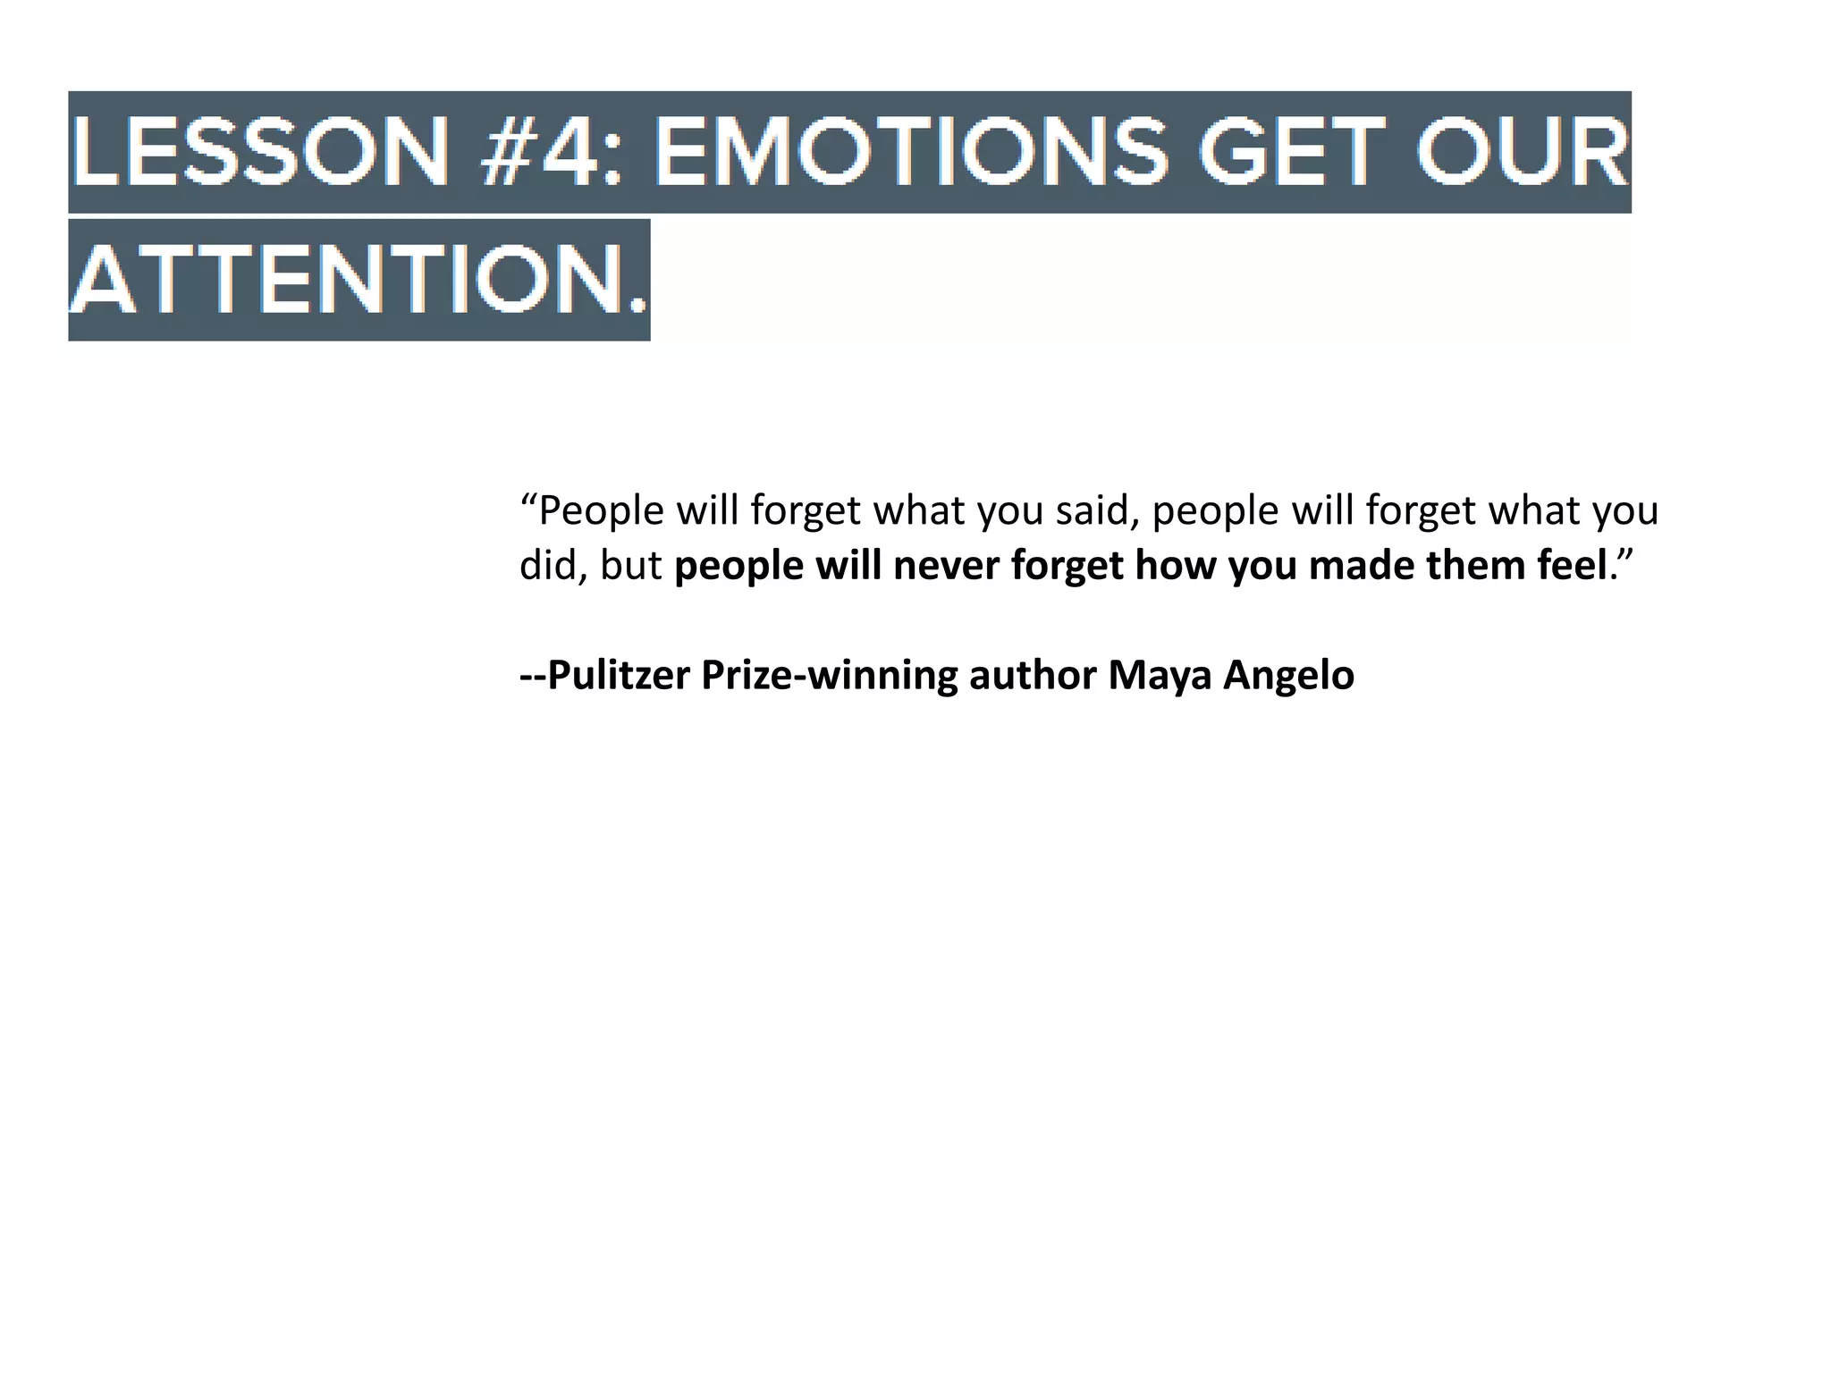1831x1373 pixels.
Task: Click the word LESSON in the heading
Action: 260,152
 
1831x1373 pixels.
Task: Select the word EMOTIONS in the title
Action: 912,152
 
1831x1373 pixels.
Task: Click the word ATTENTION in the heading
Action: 340,280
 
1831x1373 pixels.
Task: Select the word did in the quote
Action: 547,566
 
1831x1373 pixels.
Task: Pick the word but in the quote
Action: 631,566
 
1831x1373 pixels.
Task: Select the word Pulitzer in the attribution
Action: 618,676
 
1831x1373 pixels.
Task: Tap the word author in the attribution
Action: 1033,676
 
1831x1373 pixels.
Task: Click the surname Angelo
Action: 1288,676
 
